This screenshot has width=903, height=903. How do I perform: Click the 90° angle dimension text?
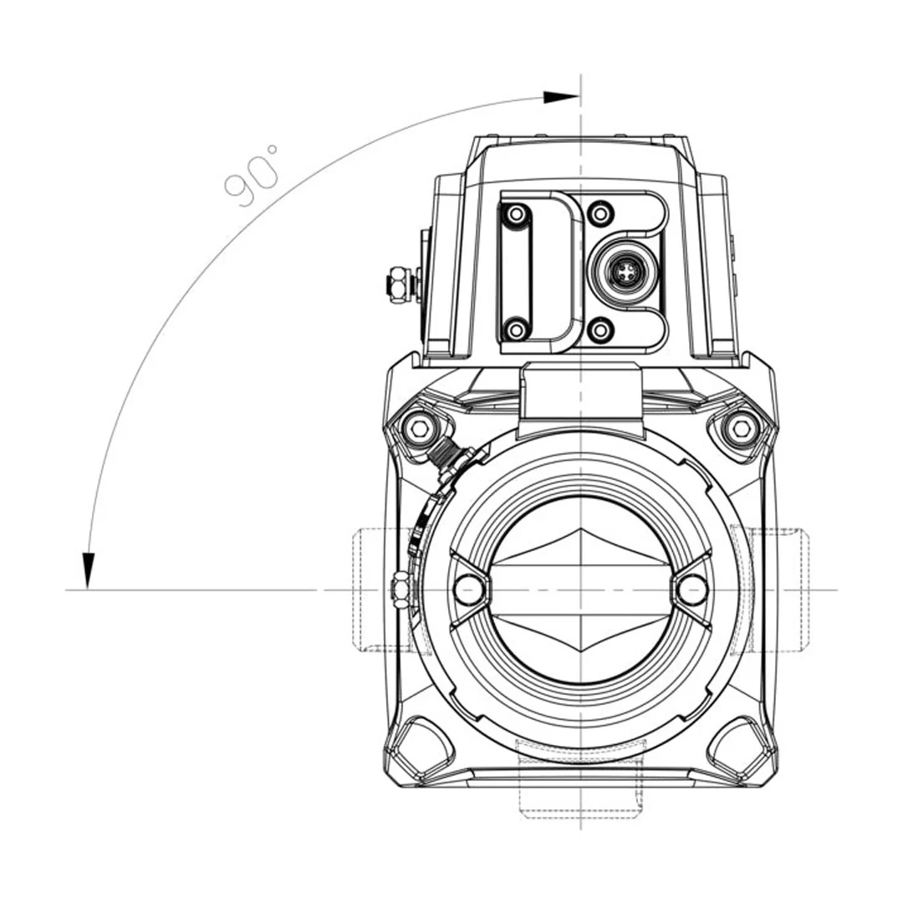pos(252,175)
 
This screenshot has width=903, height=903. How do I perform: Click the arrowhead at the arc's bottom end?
pos(88,569)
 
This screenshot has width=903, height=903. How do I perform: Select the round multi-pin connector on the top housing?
pos(623,271)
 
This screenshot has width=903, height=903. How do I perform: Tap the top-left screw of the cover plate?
pos(516,215)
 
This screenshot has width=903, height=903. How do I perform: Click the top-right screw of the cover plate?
pos(600,214)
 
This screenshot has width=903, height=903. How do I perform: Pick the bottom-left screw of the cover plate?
pos(516,329)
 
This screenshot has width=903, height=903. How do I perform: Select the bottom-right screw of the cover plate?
pos(600,329)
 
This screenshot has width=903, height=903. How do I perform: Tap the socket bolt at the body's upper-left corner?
pos(420,430)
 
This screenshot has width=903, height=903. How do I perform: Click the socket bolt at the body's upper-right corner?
pos(741,429)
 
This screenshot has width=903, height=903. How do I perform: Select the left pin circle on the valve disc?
pos(468,590)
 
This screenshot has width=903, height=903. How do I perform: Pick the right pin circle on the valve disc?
pos(692,590)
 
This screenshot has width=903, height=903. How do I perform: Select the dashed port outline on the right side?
pos(782,589)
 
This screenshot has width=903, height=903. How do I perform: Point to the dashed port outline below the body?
pos(580,790)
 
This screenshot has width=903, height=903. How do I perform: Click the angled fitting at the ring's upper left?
pos(451,459)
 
